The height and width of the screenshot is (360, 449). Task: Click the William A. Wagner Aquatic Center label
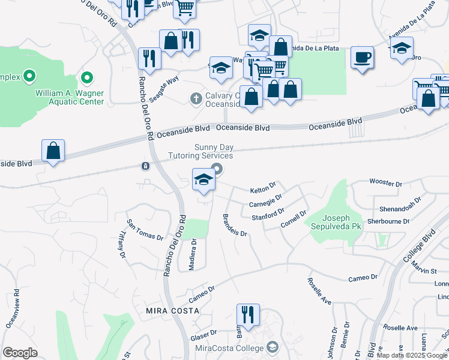pyautogui.click(x=69, y=97)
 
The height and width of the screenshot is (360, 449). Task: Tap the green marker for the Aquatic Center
pyautogui.click(x=87, y=77)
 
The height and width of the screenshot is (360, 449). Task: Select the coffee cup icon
pyautogui.click(x=362, y=58)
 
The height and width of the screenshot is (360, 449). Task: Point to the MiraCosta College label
pyautogui.click(x=230, y=348)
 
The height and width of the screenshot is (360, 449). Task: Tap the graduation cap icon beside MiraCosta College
pyautogui.click(x=273, y=347)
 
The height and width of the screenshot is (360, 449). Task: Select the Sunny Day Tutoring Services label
pyautogui.click(x=213, y=151)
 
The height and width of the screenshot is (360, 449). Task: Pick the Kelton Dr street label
pyautogui.click(x=262, y=190)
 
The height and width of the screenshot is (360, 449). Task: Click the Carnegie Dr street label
pyautogui.click(x=265, y=202)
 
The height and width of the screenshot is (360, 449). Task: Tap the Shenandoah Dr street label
pyautogui.click(x=397, y=208)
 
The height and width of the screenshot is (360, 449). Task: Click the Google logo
pyautogui.click(x=20, y=353)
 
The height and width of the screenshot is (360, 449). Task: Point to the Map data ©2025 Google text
pyautogui.click(x=412, y=355)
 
